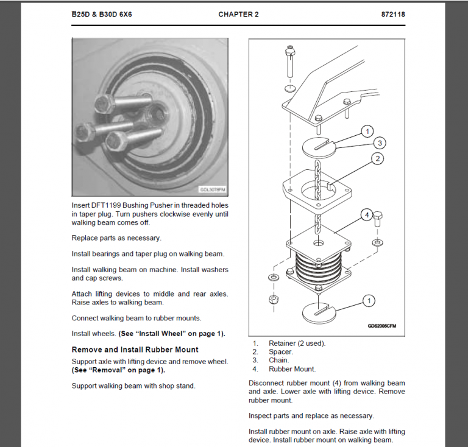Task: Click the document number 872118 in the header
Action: pyautogui.click(x=393, y=14)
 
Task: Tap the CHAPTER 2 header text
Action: pyautogui.click(x=238, y=14)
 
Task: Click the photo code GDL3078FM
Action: pyautogui.click(x=213, y=189)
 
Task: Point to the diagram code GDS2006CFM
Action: pyautogui.click(x=381, y=325)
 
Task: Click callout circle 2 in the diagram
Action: pyautogui.click(x=378, y=158)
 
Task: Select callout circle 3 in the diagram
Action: pyautogui.click(x=379, y=143)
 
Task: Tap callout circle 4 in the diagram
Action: pyautogui.click(x=367, y=214)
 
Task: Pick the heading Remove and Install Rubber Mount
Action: pyautogui.click(x=135, y=350)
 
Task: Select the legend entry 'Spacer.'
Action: pyautogui.click(x=281, y=351)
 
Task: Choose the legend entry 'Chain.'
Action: pyautogui.click(x=279, y=360)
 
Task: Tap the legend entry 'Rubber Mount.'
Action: pyautogui.click(x=292, y=368)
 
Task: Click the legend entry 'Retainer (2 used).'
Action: pyautogui.click(x=297, y=343)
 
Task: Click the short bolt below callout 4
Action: pyautogui.click(x=378, y=220)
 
